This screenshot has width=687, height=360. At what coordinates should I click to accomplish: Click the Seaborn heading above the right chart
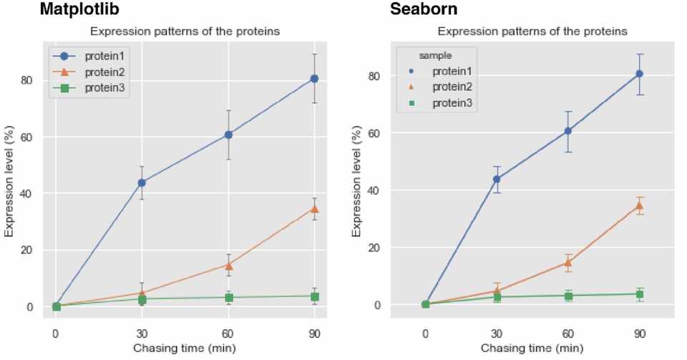[423, 10]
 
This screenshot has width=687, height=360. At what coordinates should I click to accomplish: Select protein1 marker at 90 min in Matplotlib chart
[313, 79]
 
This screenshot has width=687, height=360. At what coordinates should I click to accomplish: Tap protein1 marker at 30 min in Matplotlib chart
[142, 183]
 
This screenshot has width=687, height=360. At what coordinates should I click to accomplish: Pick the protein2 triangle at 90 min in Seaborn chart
[640, 205]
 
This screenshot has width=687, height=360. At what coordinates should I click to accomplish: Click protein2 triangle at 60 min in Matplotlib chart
[228, 265]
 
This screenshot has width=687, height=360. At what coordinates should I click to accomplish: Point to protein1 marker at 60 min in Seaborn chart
[568, 131]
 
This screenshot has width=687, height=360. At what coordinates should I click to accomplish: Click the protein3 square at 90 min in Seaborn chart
[640, 294]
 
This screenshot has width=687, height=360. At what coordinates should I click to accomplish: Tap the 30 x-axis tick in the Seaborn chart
[497, 334]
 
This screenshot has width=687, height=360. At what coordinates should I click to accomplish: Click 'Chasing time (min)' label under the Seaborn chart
[532, 349]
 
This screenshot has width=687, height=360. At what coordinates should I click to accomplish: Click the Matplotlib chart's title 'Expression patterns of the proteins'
[185, 31]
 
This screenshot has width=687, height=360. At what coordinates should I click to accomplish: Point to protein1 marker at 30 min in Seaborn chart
[497, 179]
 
